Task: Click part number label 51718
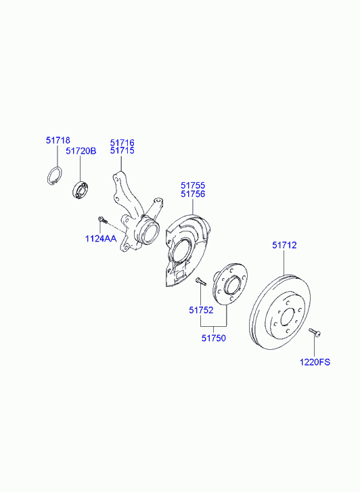(58, 140)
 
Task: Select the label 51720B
(81, 151)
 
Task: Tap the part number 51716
(122, 143)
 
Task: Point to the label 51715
(122, 151)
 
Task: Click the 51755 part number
(193, 185)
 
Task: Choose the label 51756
(193, 194)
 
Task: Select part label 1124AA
(101, 239)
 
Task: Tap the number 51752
(201, 310)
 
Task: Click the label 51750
(213, 338)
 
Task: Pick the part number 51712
(284, 245)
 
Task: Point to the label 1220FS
(315, 362)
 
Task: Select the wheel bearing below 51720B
(80, 189)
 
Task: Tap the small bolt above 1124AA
(103, 220)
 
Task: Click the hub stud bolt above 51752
(200, 282)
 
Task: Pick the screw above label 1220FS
(315, 333)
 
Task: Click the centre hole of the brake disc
(288, 317)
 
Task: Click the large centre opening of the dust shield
(180, 248)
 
